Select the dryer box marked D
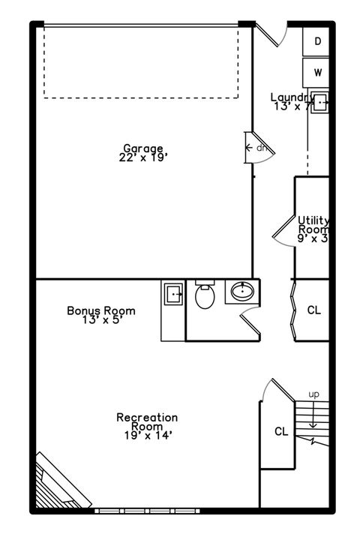(317, 42)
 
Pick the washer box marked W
(317, 73)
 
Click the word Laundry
(292, 97)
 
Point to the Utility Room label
(313, 225)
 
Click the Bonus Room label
(100, 310)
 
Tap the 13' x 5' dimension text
(100, 320)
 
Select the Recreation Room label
(147, 421)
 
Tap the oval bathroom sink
(242, 291)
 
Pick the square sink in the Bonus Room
(173, 293)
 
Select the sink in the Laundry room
(319, 103)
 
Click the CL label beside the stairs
(281, 431)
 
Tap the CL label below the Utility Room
(313, 310)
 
